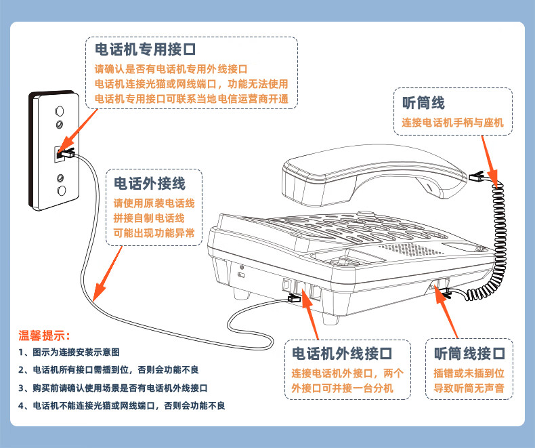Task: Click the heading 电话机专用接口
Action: pos(145,49)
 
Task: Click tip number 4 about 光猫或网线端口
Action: pos(121,405)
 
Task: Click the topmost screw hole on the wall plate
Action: pos(60,110)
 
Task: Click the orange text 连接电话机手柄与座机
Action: pos(452,124)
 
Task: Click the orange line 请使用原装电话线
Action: pos(154,203)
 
